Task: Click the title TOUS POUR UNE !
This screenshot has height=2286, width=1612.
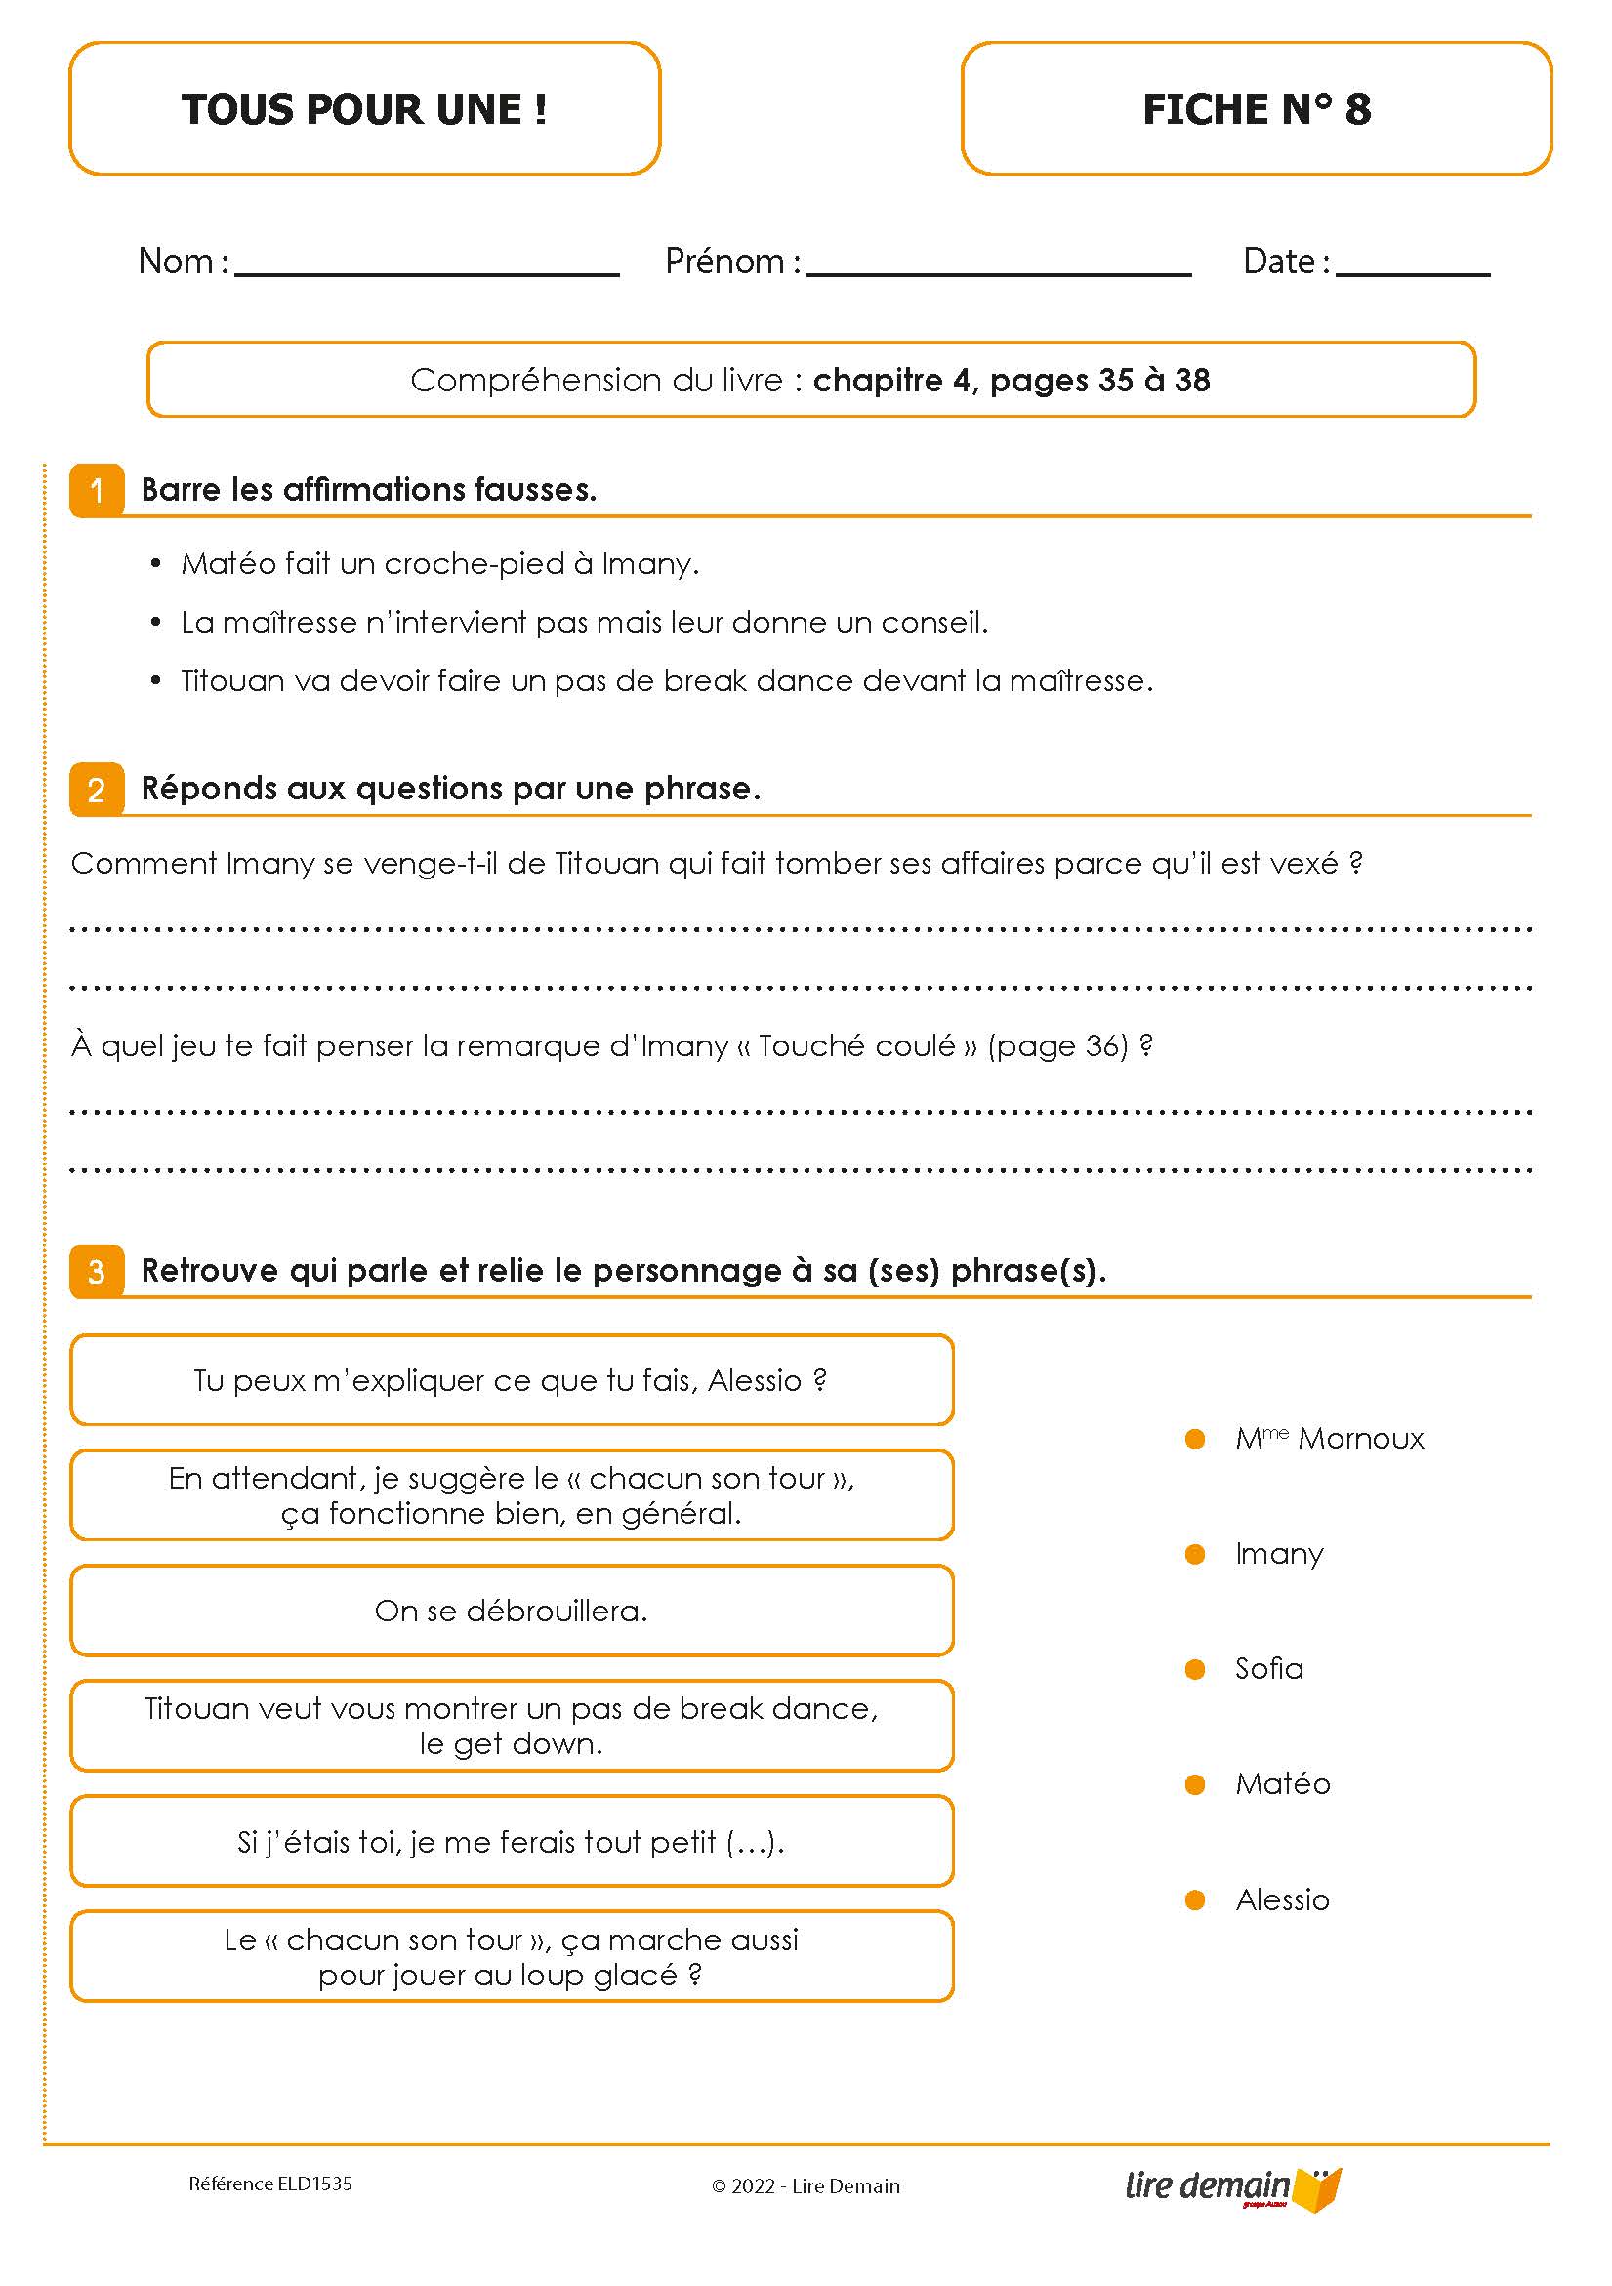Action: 364,108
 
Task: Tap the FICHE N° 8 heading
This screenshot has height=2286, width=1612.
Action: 1256,108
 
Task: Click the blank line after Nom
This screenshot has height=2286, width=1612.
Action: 426,268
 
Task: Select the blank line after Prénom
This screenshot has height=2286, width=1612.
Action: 999,268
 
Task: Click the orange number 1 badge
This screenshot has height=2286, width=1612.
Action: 97,490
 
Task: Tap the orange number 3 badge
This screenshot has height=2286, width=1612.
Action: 97,1272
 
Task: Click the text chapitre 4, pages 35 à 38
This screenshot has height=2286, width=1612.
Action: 1011,380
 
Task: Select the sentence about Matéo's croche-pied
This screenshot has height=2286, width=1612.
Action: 439,563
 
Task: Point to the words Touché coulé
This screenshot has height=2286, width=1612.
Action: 856,1045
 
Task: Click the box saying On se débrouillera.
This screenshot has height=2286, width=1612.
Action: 512,1611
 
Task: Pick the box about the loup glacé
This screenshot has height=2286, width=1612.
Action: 512,1956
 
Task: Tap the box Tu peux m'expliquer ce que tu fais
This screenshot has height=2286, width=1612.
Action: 512,1380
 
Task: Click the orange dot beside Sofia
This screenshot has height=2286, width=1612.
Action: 1195,1670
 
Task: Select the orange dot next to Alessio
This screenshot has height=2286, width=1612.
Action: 1195,1900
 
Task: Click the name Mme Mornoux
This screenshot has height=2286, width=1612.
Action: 1328,1439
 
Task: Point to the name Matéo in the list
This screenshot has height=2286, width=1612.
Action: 1282,1784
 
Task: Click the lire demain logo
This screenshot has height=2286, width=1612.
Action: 1232,2186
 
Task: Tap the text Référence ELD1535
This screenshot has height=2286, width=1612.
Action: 269,2184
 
